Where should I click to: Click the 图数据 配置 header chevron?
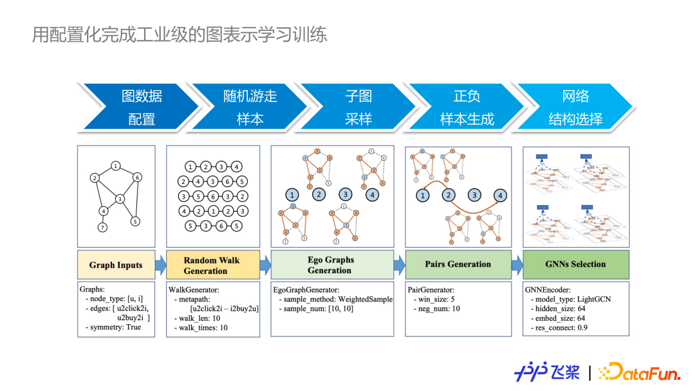[142, 107]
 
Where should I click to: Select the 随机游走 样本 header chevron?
[250, 107]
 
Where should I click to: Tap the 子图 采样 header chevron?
[358, 107]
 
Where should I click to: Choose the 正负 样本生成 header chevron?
[467, 107]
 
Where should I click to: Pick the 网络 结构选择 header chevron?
[575, 107]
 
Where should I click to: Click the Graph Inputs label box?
[116, 265]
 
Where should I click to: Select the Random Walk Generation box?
[211, 265]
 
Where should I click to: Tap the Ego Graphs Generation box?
[331, 265]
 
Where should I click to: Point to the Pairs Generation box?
[458, 264]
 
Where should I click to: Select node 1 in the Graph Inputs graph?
[115, 166]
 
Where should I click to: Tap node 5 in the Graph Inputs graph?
[135, 221]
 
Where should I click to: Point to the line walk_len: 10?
[201, 318]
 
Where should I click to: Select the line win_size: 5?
[436, 299]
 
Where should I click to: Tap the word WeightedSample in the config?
[366, 299]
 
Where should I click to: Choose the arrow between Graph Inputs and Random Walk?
[161, 264]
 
